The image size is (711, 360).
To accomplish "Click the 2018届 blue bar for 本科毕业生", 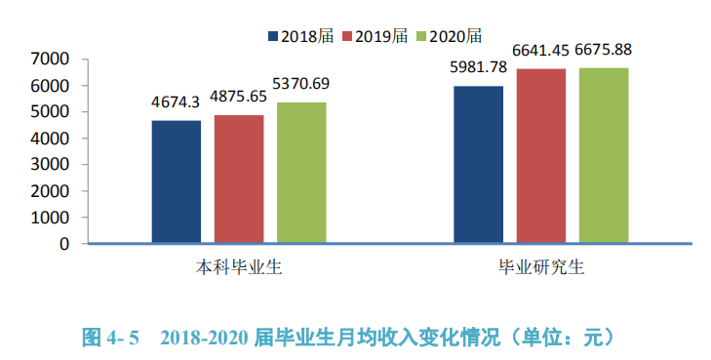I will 176,181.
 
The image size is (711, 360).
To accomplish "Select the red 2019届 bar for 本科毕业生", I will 239,179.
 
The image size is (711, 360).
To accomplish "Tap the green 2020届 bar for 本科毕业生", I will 301,173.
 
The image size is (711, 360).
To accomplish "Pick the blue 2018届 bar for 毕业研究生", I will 479,164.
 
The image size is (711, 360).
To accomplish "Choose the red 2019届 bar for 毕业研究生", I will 541,155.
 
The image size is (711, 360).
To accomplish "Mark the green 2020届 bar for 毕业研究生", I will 604,155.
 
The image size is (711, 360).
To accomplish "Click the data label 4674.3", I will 176,101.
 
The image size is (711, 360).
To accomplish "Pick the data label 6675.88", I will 607,49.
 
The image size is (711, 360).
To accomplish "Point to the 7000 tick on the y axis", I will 51,60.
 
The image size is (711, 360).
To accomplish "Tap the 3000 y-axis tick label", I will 51,165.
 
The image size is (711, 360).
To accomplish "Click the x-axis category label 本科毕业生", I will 239,266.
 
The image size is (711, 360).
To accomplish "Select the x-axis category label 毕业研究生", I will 541,266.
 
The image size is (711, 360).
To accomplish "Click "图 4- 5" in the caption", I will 110,339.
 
